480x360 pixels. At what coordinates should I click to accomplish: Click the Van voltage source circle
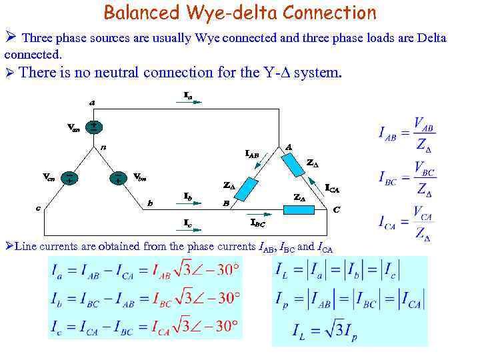click(94, 126)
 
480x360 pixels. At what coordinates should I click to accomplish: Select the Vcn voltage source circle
click(69, 178)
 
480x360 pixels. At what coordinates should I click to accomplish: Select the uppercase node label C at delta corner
click(337, 209)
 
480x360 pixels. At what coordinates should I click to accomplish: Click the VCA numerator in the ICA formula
click(423, 217)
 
